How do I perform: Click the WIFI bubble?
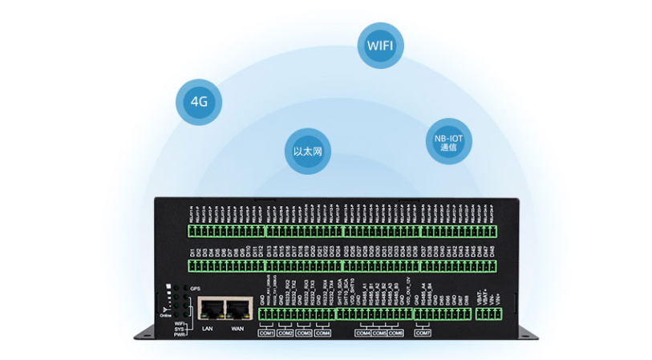(379, 43)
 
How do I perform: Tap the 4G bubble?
(199, 102)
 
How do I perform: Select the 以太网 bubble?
(308, 150)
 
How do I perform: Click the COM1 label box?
(266, 333)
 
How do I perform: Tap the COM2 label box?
(285, 333)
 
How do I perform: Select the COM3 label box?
(304, 333)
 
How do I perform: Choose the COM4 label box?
(323, 333)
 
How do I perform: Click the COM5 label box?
(379, 333)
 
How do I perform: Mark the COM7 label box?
(423, 333)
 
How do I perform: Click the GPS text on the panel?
(194, 288)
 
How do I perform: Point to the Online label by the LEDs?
(165, 316)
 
